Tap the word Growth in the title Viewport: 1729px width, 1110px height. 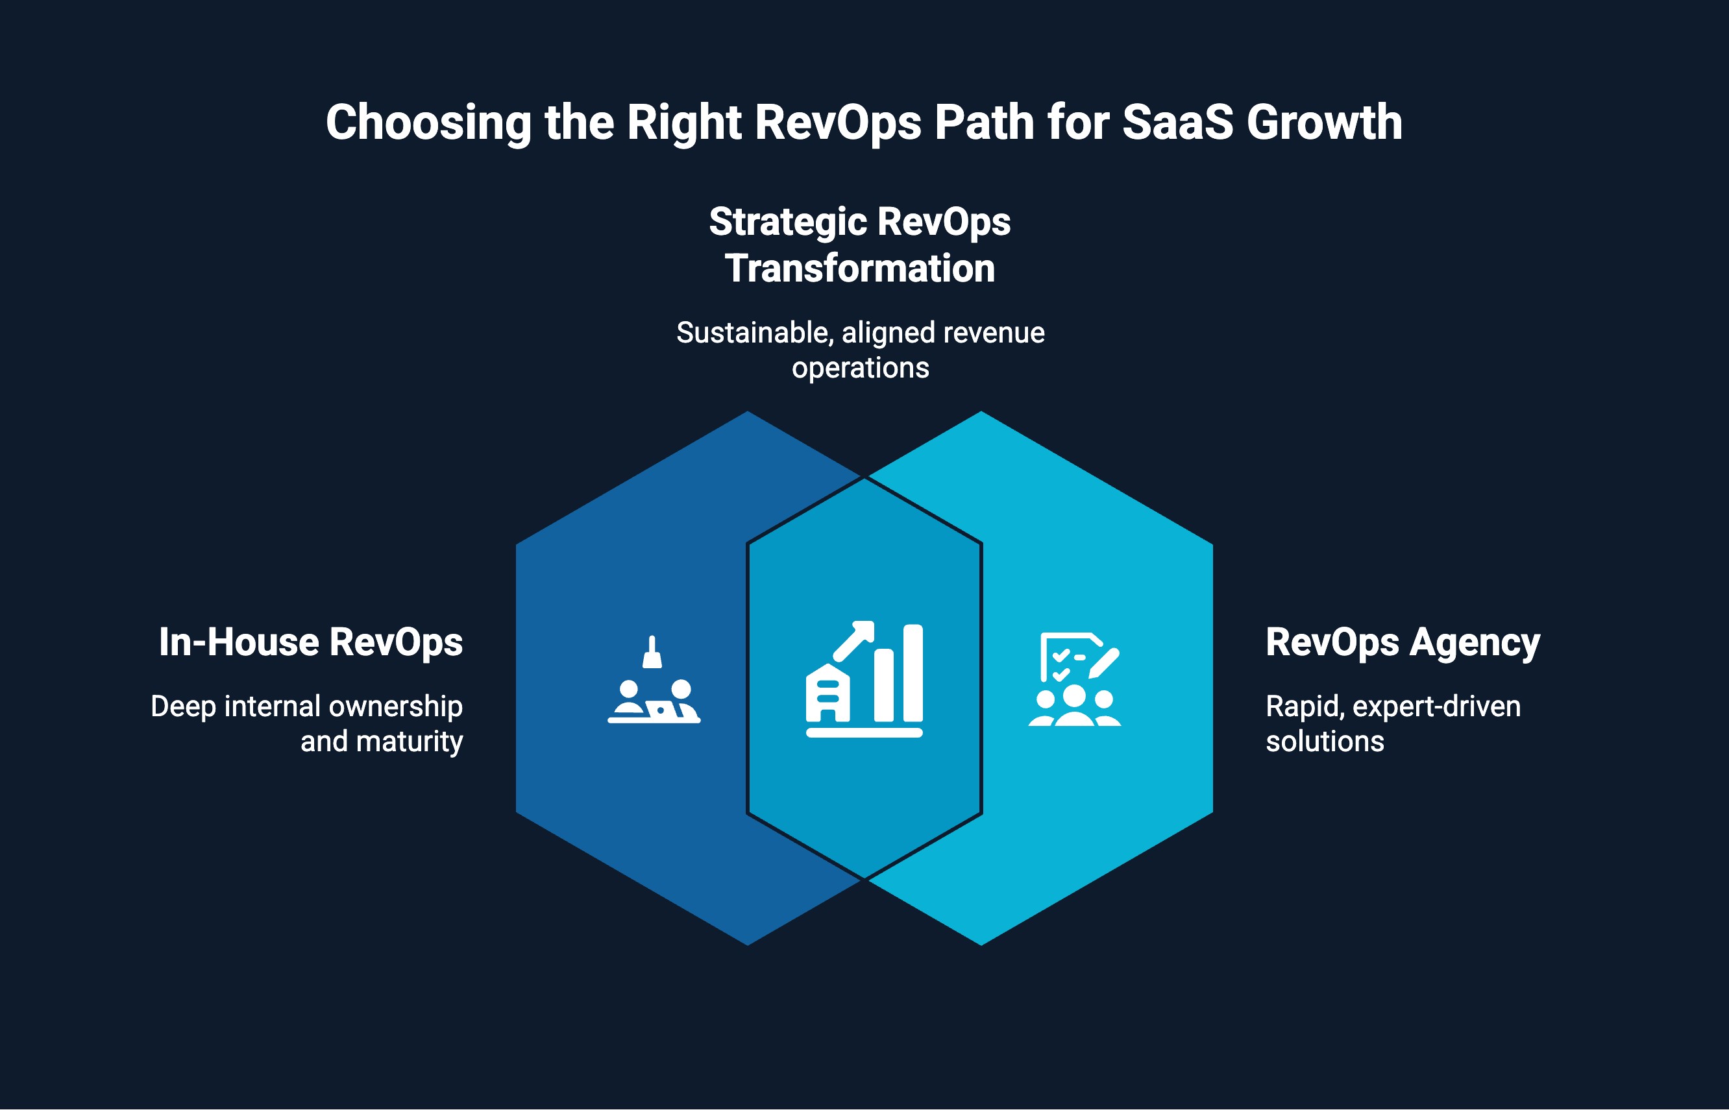point(1325,122)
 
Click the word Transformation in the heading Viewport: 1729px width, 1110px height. point(859,268)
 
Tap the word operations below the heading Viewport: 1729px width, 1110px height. point(860,368)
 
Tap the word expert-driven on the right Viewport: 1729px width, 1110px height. point(1436,706)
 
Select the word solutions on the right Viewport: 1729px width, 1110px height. point(1325,742)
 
